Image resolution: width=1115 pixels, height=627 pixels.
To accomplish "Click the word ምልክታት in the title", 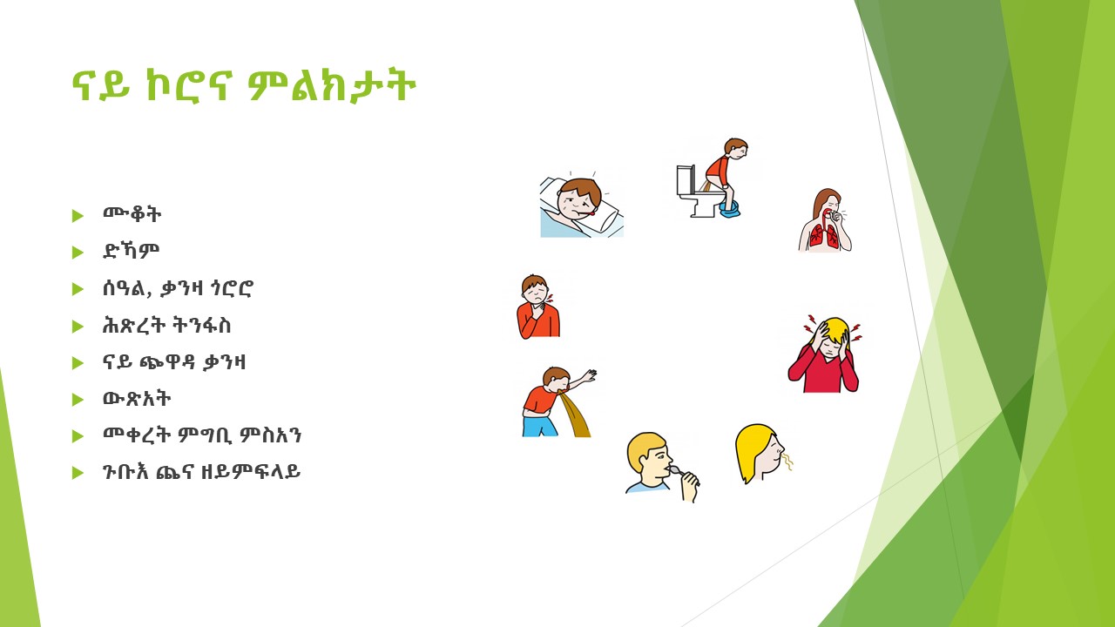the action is (332, 86).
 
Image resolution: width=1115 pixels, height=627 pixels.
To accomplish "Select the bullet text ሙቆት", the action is (132, 214).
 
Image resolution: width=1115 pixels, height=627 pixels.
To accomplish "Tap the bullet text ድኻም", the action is (131, 252).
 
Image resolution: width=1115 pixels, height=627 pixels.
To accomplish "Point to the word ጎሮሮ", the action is (231, 288).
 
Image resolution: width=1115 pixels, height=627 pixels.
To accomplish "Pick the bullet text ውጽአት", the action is (137, 399).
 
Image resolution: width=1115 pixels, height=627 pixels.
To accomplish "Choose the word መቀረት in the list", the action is (136, 435).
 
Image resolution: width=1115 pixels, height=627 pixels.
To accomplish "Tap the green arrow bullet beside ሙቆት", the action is (78, 215).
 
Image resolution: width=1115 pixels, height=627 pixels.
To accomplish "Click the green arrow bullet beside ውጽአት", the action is (78, 400).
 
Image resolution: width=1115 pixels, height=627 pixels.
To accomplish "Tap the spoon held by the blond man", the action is (681, 472).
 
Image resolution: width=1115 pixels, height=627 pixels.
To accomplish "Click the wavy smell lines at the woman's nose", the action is (787, 462).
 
